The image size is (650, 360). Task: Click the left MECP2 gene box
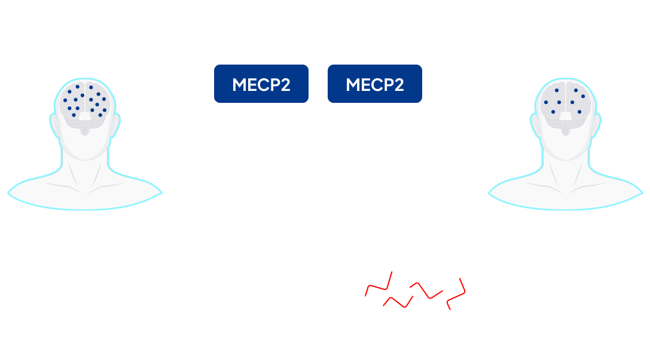pos(261,84)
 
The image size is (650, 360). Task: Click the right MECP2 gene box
pos(374,84)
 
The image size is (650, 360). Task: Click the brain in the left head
pos(86,102)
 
